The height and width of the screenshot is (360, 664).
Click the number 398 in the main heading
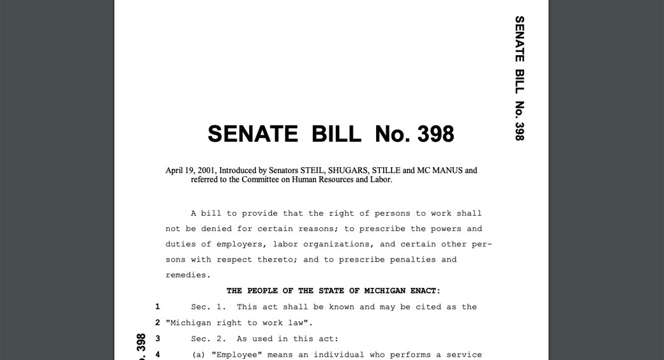coord(435,134)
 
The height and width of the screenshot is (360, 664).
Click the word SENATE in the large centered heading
coord(253,134)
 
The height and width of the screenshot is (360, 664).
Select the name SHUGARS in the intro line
coord(349,170)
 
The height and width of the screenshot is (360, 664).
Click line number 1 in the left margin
coord(157,307)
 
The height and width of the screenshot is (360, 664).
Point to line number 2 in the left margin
coord(157,322)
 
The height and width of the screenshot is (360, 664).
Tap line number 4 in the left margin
coord(157,354)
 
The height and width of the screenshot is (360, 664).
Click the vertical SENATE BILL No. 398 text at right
coord(519,78)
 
